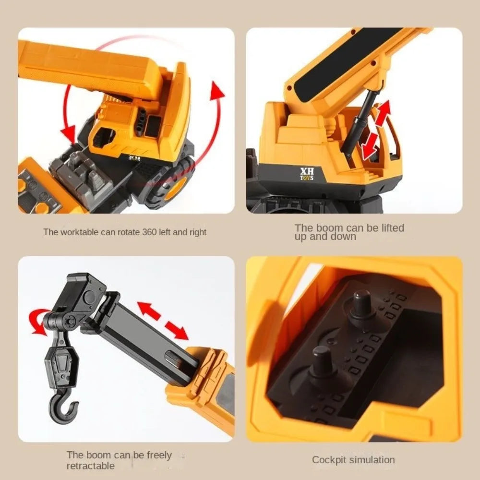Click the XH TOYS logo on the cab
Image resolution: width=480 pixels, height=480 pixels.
click(x=307, y=174)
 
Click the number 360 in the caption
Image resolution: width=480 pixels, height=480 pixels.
click(x=149, y=232)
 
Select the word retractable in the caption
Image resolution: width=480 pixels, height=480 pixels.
click(x=91, y=466)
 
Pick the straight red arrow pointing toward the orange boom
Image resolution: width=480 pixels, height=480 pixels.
click(x=176, y=330)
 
